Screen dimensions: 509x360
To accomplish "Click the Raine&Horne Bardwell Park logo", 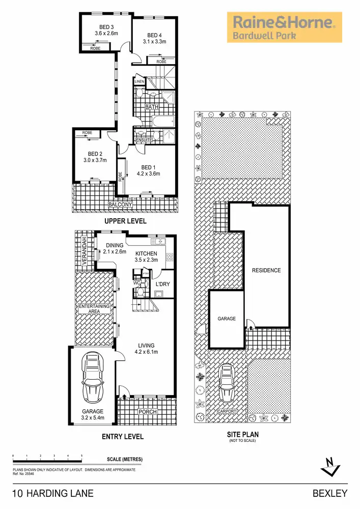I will (x=284, y=27).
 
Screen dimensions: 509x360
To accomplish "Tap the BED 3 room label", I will (x=106, y=27).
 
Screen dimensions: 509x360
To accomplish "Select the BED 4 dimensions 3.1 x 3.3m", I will (x=154, y=42).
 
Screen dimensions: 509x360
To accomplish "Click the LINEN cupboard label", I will (x=140, y=81).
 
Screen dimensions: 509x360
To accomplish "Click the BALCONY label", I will (x=120, y=205).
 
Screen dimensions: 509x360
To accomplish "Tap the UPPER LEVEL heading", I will (x=125, y=221).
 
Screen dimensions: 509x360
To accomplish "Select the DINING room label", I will (x=115, y=245).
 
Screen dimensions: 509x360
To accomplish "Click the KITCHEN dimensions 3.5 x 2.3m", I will (x=146, y=260).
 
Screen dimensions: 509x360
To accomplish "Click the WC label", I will (x=136, y=282).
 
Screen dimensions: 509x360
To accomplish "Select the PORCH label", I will (x=148, y=412).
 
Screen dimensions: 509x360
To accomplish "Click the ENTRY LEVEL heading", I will (x=122, y=437).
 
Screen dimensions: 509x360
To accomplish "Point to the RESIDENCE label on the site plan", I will (x=266, y=270).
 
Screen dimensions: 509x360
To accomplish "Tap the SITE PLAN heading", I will (x=242, y=435).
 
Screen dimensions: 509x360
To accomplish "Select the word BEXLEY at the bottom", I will (x=329, y=493).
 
